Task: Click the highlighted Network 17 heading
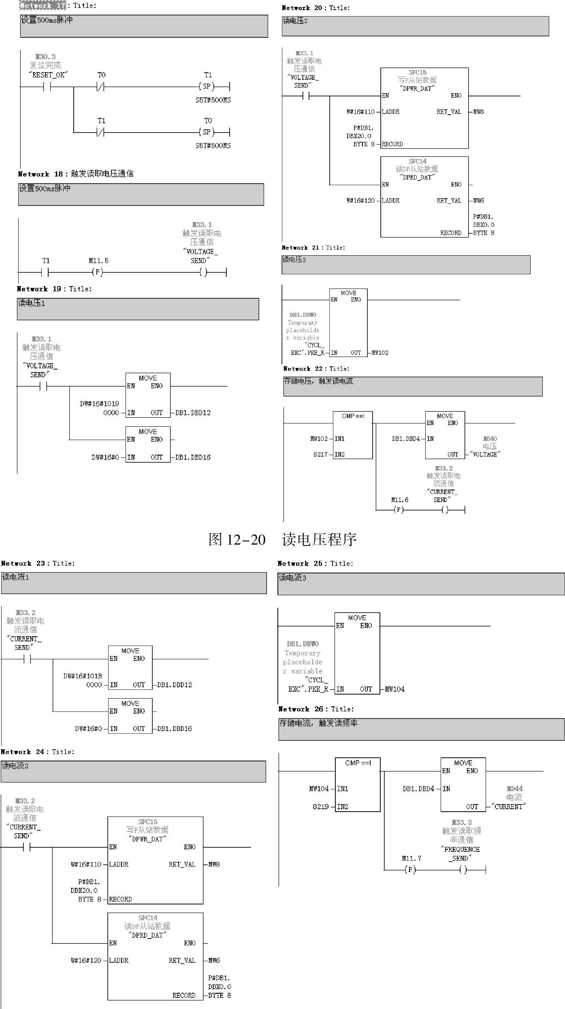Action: (43, 6)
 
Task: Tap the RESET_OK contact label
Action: (48, 75)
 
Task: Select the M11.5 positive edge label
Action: (98, 261)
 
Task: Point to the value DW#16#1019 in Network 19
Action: (99, 404)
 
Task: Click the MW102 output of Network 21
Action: (380, 353)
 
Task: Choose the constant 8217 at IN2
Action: (320, 455)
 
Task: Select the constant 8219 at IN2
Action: (320, 806)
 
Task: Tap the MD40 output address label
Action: (490, 439)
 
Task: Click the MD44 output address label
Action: (514, 789)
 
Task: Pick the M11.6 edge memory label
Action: (400, 500)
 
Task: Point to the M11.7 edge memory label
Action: (411, 858)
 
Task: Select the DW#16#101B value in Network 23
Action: (83, 676)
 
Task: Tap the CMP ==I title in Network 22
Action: (353, 416)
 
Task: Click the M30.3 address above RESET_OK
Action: (45, 57)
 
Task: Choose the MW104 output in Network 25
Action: (394, 689)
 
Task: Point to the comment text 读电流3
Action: (292, 578)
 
